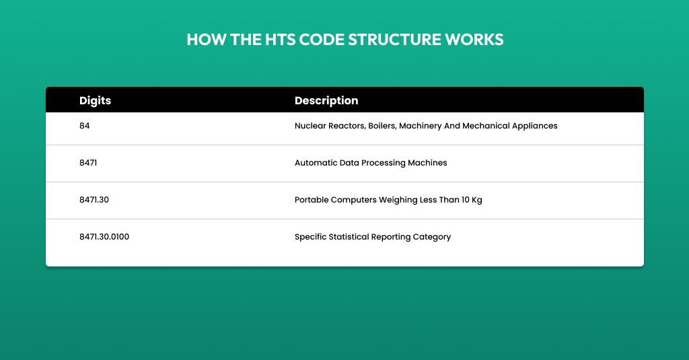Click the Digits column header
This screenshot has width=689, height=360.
point(95,101)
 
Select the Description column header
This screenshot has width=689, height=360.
point(326,101)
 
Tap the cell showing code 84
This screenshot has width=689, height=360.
point(84,126)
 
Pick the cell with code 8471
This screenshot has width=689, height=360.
point(88,163)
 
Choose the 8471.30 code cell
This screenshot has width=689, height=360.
point(94,200)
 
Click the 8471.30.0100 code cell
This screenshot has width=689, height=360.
point(104,236)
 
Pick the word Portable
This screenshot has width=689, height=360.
point(312,200)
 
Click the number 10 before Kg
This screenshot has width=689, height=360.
point(466,200)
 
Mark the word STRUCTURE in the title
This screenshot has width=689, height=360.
point(394,40)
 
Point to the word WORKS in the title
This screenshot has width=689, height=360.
point(474,40)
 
